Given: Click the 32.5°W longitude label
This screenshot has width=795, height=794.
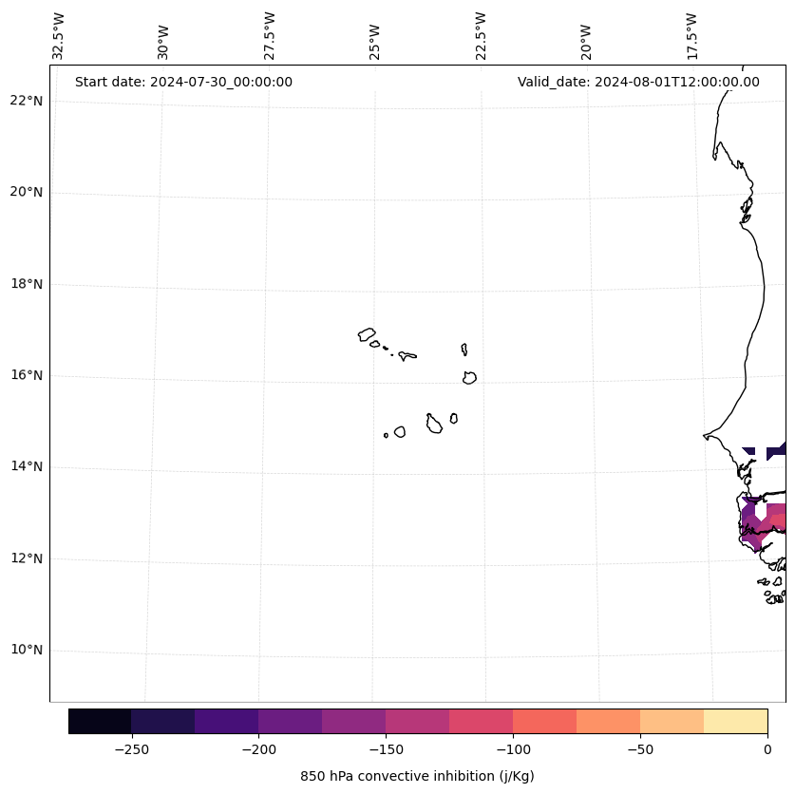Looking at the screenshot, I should [59, 35].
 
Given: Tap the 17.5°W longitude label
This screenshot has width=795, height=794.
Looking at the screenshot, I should [691, 35].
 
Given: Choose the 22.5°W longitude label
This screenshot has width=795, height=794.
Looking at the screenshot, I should [481, 35].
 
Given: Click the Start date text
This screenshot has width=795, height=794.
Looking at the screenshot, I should [183, 82].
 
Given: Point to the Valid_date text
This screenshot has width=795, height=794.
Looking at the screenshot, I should [638, 82].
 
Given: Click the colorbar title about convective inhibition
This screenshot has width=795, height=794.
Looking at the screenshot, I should [417, 776].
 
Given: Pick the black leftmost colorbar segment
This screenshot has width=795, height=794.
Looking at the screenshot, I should [100, 721].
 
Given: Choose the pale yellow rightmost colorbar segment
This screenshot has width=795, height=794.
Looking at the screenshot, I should [735, 721].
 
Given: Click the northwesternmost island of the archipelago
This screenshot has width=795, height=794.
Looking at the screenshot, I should [367, 334].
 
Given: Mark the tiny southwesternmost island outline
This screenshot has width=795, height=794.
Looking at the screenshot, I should [386, 435].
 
